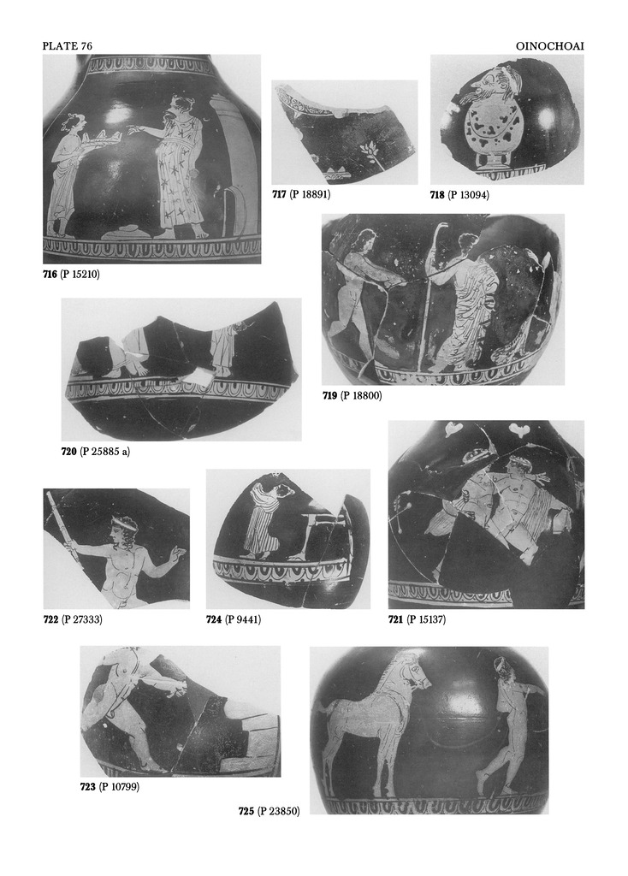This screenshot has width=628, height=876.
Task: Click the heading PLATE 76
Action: pyautogui.click(x=67, y=46)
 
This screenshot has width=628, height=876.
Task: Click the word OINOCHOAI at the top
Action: pyautogui.click(x=550, y=46)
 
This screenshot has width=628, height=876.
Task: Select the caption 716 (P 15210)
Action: pyautogui.click(x=71, y=275)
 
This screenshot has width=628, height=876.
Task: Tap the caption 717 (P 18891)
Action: pyautogui.click(x=301, y=194)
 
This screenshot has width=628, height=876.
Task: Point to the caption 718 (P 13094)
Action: pyautogui.click(x=459, y=195)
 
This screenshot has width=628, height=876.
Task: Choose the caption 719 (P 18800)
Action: pyautogui.click(x=352, y=395)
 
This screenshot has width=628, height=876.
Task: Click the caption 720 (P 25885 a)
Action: pyautogui.click(x=96, y=452)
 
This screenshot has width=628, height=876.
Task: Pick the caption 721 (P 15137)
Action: pyautogui.click(x=417, y=619)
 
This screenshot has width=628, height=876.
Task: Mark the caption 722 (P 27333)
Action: pyautogui.click(x=73, y=619)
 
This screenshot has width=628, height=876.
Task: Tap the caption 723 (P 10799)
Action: pyautogui.click(x=110, y=787)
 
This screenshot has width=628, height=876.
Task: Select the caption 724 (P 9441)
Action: pyautogui.click(x=234, y=619)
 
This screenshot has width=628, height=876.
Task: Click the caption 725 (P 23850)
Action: pyautogui.click(x=269, y=811)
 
